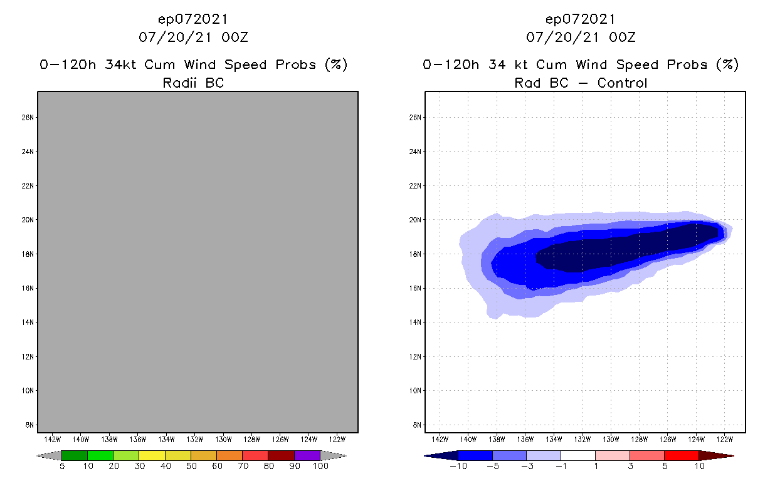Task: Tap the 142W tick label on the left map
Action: (x=53, y=439)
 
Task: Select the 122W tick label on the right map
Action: (x=725, y=439)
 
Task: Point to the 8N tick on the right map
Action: (x=416, y=425)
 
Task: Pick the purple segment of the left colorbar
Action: (x=307, y=455)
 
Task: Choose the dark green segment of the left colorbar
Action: (x=75, y=455)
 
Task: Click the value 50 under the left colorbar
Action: (x=191, y=466)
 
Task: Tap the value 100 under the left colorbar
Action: (x=320, y=466)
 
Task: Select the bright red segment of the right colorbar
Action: (x=682, y=455)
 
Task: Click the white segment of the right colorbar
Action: (x=577, y=455)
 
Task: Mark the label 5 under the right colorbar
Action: (x=665, y=466)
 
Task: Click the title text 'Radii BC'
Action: (x=193, y=83)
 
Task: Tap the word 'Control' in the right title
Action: (x=622, y=83)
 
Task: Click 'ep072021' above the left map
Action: (x=193, y=19)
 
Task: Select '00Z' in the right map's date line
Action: (x=622, y=38)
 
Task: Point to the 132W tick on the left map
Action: (x=196, y=439)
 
